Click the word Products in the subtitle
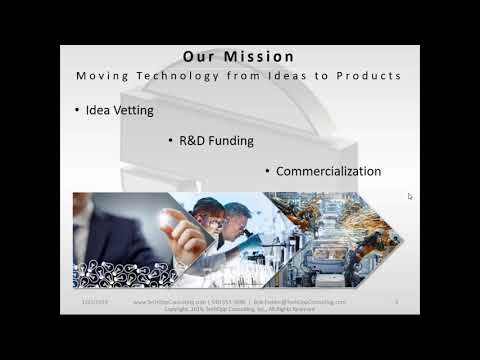pos(340,76)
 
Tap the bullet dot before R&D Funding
pos(171,141)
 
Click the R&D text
pos(191,141)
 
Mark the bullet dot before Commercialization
pos(267,172)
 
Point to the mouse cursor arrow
pos(410,196)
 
